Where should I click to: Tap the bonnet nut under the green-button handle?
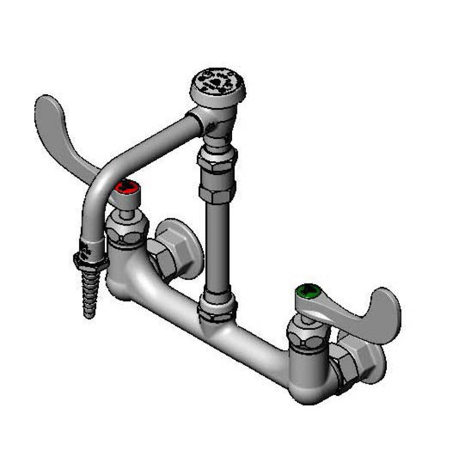coord(307,336)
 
